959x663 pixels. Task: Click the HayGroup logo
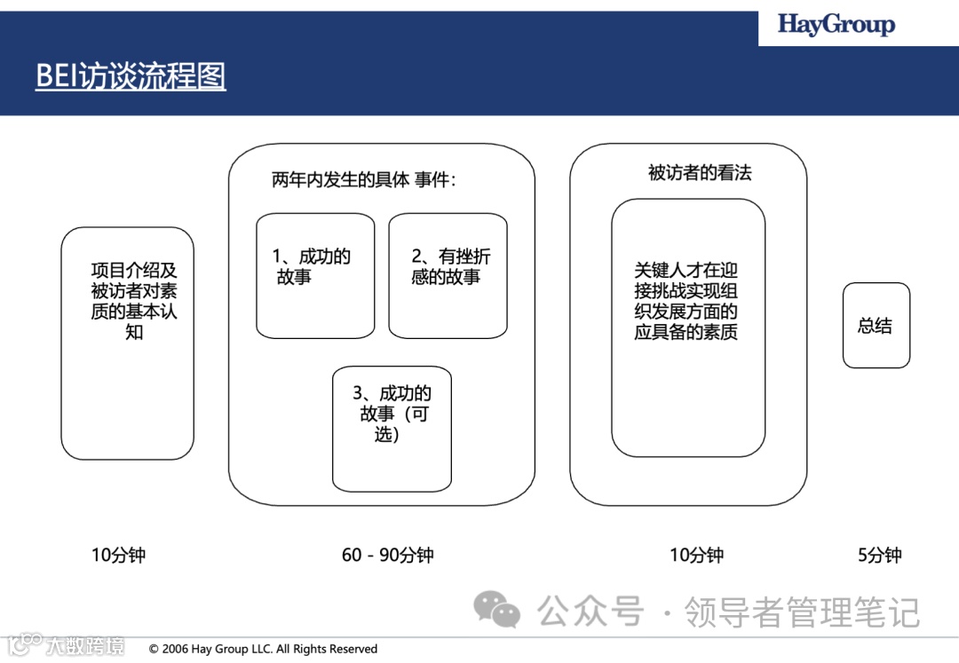tap(836, 25)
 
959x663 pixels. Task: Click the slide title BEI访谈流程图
tap(131, 76)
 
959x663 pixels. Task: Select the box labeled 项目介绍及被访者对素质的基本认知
tap(127, 343)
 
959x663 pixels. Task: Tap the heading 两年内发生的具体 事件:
tap(363, 180)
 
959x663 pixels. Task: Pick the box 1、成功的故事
tap(315, 275)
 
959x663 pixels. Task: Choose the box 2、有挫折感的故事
tap(448, 275)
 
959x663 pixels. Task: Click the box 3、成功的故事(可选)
tap(392, 428)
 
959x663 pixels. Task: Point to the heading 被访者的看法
tap(700, 173)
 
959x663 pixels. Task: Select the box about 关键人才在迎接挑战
tap(687, 328)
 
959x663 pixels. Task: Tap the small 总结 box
tap(876, 326)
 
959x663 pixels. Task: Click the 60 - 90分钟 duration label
tap(387, 556)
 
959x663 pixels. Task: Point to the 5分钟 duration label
tap(879, 556)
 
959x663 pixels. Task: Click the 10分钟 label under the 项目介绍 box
tap(118, 556)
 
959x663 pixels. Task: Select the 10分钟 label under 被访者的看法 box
tap(696, 556)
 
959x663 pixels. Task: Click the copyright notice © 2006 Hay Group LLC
tap(263, 649)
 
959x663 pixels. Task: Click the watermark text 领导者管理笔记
tap(801, 612)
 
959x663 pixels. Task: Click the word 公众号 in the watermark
tap(590, 612)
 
